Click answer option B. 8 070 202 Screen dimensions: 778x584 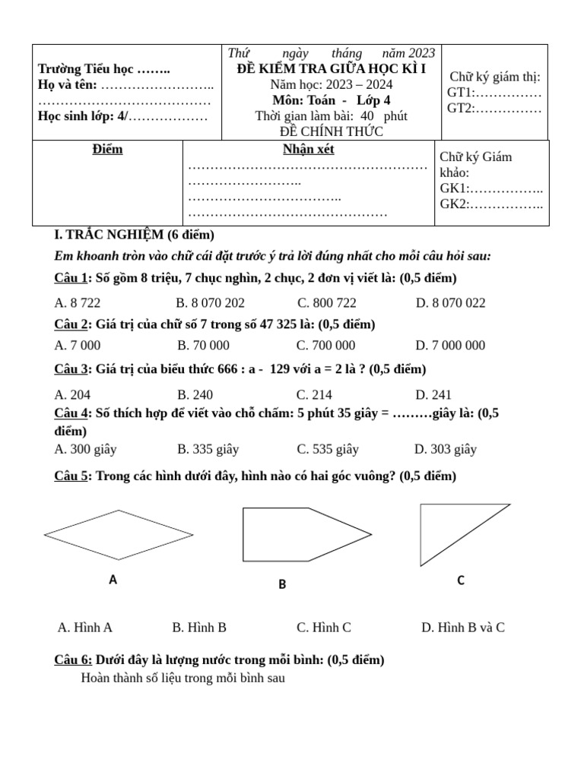[210, 302]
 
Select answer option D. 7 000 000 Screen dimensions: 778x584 [450, 346]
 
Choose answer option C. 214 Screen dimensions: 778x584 [314, 394]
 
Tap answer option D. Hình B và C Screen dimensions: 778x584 [462, 628]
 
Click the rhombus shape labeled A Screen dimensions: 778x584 [119, 535]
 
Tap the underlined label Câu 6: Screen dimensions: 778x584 [74, 660]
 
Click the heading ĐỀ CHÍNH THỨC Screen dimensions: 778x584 [331, 131]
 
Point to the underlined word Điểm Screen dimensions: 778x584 [107, 150]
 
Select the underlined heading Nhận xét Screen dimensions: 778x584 [308, 150]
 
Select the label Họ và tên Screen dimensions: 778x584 [68, 85]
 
